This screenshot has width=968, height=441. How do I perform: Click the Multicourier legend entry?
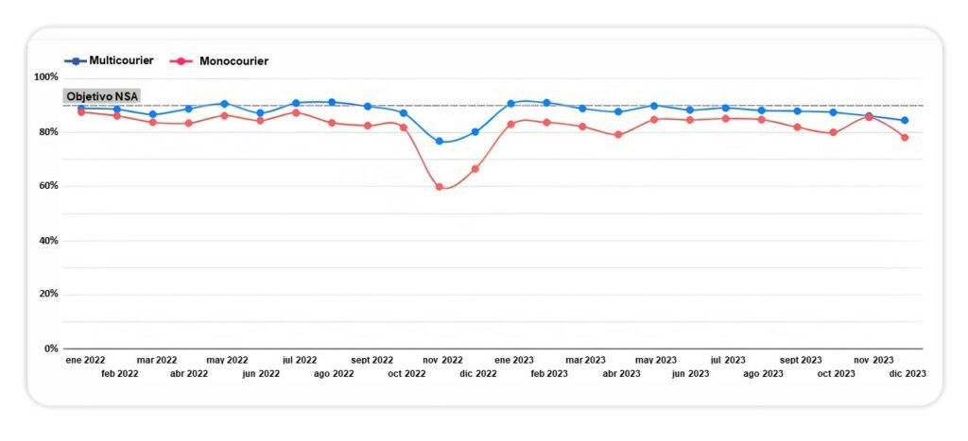click(109, 60)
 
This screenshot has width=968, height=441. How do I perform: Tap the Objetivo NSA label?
click(102, 96)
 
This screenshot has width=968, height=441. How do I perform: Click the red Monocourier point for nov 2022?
click(439, 187)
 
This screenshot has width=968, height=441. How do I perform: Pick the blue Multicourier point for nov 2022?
click(439, 142)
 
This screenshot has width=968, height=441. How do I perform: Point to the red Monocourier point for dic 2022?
click(475, 169)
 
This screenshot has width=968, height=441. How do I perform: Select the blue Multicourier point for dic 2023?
click(905, 120)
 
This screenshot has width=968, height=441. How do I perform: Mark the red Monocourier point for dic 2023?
click(905, 138)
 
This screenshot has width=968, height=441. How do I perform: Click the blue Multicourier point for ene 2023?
click(510, 104)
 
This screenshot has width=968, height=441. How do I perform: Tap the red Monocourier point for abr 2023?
click(618, 134)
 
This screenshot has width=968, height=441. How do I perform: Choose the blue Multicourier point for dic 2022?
click(475, 132)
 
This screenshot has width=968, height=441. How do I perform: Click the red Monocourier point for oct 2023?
click(833, 132)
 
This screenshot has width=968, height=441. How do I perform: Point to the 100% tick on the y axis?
click(46, 77)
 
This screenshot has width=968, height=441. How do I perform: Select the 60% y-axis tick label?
click(48, 186)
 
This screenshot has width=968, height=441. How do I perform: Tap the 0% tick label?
click(51, 348)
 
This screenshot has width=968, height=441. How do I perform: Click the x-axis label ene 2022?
click(85, 360)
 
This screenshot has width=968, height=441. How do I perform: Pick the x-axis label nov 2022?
click(442, 360)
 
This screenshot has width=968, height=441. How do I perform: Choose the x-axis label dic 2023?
click(907, 374)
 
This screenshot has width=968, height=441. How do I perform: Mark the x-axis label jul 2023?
click(728, 360)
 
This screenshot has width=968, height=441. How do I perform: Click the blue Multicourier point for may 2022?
click(224, 104)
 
